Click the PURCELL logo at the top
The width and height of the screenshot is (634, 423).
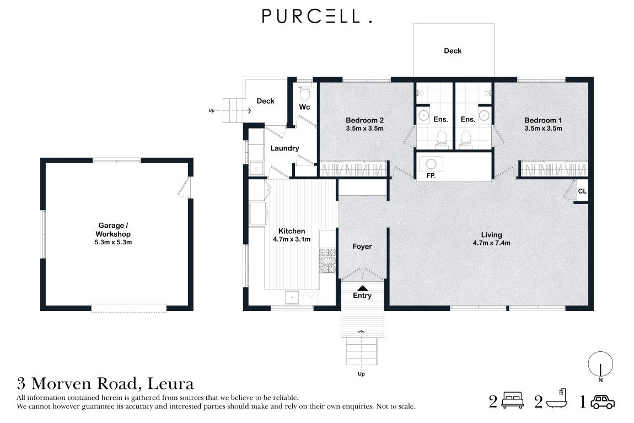[317, 16]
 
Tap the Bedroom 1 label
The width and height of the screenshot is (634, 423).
[543, 120]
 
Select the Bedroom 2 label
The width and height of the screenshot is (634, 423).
[365, 120]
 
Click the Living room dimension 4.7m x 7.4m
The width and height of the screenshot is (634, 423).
[491, 243]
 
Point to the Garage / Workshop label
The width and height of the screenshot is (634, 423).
[113, 229]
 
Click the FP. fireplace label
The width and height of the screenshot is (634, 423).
[431, 175]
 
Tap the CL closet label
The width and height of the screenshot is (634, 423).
[582, 191]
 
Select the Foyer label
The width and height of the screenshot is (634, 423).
[362, 247]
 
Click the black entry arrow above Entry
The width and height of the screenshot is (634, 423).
[363, 288]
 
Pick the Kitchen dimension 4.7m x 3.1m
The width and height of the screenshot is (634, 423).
[292, 239]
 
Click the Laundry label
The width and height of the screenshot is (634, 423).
[284, 148]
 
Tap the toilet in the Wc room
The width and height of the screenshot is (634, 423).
[304, 93]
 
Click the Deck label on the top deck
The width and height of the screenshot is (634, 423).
[453, 51]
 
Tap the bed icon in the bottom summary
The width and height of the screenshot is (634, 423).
[512, 400]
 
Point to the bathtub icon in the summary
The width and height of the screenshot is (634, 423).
[557, 399]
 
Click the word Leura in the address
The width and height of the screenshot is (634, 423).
[171, 383]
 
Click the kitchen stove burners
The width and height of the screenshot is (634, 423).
[327, 261]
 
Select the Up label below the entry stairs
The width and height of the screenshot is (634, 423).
[361, 374]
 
